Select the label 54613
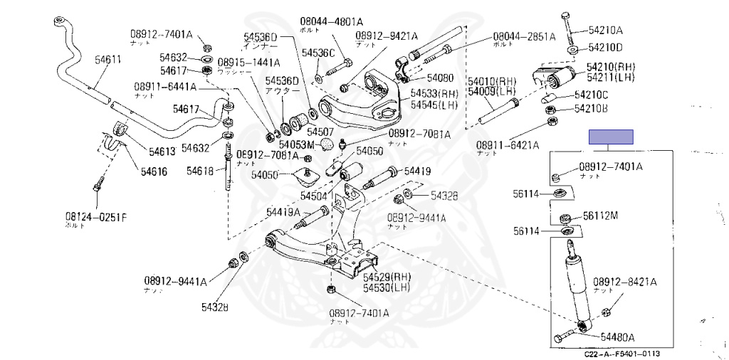point(162,151)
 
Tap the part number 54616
point(154,171)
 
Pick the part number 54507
point(320,132)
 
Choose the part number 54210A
point(605,30)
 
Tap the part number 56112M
point(601,216)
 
